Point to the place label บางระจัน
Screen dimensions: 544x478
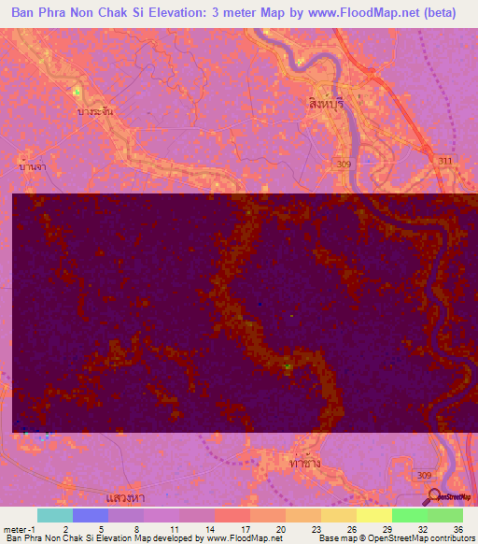pos(95,110)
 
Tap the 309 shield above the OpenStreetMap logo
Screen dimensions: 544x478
pos(425,474)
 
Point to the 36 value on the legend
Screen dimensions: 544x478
pos(457,528)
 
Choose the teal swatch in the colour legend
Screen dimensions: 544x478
pos(54,515)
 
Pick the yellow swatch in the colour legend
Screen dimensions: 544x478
pos(373,515)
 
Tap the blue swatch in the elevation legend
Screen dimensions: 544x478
pos(90,515)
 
